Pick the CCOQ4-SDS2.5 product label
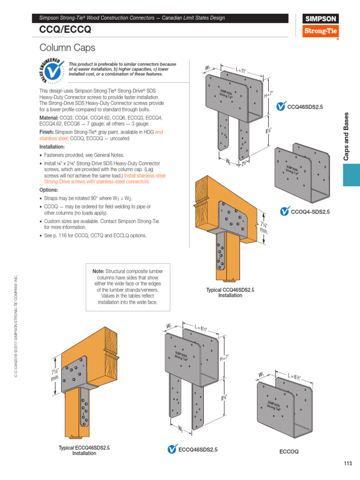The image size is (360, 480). click(x=310, y=212)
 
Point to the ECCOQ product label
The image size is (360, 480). click(x=289, y=452)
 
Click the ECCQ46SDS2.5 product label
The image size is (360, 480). click(x=198, y=450)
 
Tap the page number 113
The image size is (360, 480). click(x=347, y=464)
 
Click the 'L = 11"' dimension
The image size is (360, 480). click(x=241, y=71)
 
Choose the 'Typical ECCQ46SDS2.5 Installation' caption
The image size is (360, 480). click(x=84, y=450)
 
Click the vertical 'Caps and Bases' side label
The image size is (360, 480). click(x=347, y=136)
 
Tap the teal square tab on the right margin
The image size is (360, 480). click(x=351, y=175)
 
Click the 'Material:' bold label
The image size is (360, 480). click(x=50, y=117)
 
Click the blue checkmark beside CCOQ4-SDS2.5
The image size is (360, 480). click(x=284, y=212)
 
